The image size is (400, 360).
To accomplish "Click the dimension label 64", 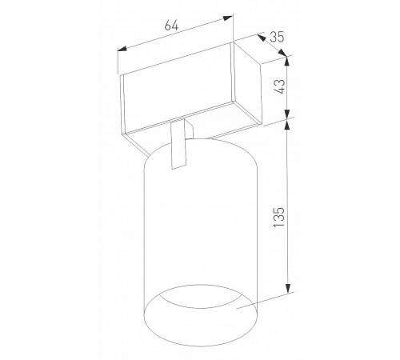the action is [171, 26].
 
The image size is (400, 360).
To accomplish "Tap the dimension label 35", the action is [277, 37].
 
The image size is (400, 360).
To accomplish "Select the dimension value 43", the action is [280, 86].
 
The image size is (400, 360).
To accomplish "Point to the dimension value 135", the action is [279, 217].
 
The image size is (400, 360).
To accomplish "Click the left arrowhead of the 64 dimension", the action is [122, 49].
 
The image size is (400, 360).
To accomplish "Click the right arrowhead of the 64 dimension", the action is [228, 18].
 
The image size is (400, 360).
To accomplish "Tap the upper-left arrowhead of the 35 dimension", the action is [262, 38].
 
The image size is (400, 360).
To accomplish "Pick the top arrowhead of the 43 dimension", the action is [286, 62].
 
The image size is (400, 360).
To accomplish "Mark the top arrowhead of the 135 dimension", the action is [287, 125].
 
